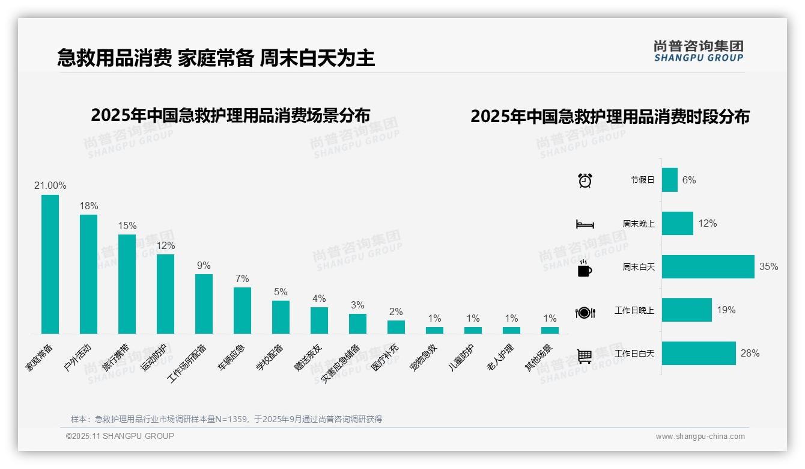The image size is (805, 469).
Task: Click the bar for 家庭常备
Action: point(50,264)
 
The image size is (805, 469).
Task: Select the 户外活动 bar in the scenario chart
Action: point(88,274)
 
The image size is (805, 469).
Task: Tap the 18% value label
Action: point(89,206)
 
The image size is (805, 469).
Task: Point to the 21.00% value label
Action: point(50,185)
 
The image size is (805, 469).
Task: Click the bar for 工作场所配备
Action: point(204,304)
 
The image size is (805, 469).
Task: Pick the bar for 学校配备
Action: point(281,317)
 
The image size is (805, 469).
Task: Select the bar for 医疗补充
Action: point(396,326)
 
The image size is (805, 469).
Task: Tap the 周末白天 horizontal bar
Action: point(708,266)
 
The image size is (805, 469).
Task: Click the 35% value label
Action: point(768,266)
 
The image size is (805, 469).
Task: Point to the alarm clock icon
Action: point(585,180)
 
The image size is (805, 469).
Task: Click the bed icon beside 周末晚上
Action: point(585,224)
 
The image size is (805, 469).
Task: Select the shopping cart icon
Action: point(585,356)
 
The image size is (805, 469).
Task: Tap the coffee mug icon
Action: point(585,268)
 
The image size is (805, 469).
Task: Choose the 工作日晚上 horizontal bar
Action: point(687,310)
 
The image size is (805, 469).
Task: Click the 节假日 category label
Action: point(642,180)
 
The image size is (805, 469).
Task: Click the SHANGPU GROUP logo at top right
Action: point(698,51)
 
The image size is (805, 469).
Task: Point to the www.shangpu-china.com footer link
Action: point(700,437)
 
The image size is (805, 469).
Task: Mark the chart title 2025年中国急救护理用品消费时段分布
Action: point(610,116)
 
